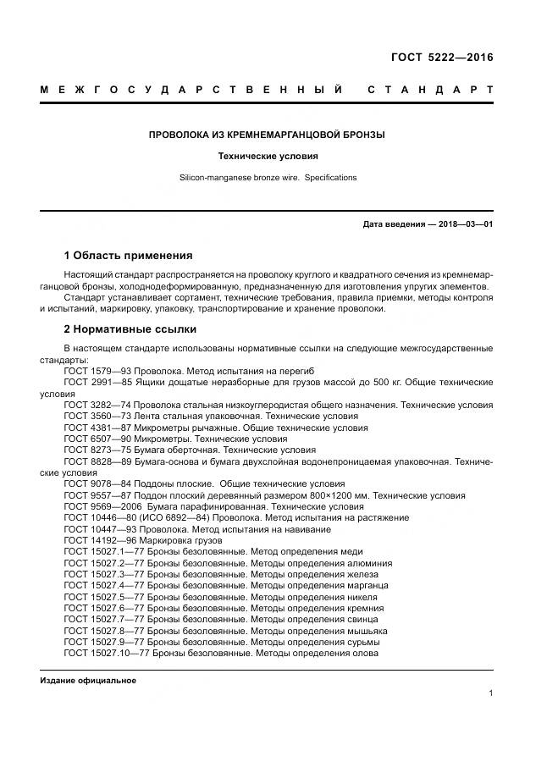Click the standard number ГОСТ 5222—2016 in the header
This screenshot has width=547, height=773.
pos(441,58)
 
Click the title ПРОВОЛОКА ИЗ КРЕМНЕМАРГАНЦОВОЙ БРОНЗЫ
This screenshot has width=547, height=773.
pos(267,135)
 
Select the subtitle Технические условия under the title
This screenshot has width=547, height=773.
pos(267,157)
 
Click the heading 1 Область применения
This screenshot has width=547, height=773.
pos(128,256)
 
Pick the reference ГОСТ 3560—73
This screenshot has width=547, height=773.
pos(98,417)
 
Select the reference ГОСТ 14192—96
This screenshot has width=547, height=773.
pos(101,540)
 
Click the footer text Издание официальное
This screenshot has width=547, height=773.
pos(88,681)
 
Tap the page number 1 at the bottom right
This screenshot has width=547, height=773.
pos(490,693)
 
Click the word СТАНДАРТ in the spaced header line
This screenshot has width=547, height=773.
pos(430,90)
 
